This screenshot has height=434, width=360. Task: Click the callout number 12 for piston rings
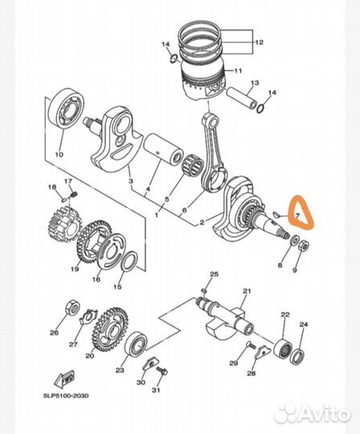tap(260, 43)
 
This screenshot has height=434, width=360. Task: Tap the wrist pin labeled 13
tap(242, 99)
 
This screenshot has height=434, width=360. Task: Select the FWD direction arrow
tap(64, 379)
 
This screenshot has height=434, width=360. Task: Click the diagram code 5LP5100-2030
tap(66, 395)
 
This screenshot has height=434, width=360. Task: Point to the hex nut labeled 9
tap(305, 245)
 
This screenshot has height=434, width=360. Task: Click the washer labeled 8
tap(294, 240)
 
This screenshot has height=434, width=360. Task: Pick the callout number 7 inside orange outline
tap(297, 215)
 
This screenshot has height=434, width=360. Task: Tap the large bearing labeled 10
tap(68, 108)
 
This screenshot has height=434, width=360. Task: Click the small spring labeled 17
tap(74, 194)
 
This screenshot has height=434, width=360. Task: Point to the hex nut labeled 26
tap(73, 307)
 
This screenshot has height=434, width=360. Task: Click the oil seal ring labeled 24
tap(298, 357)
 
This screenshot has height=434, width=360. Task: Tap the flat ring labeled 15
tap(130, 260)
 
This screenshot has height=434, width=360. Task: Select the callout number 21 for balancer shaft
tap(247, 291)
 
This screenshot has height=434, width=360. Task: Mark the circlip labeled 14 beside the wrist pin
tap(260, 108)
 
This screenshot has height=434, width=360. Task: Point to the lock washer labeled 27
tap(88, 316)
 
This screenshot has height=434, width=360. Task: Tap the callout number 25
tap(214, 274)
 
